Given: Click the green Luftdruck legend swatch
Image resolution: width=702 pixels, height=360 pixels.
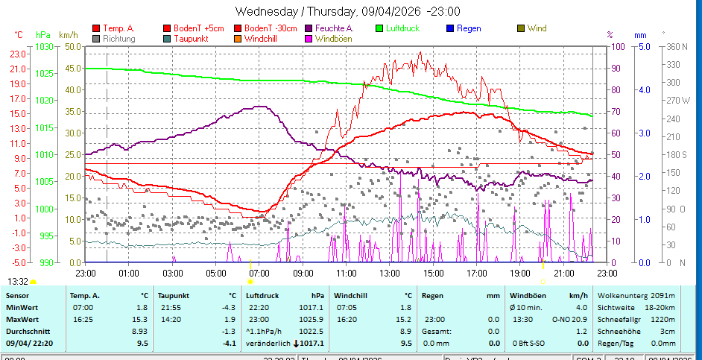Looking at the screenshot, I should tap(379, 28).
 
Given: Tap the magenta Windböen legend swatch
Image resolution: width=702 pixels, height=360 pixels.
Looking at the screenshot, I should tap(309, 39).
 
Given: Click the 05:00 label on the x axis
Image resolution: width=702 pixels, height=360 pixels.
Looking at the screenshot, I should tap(215, 274).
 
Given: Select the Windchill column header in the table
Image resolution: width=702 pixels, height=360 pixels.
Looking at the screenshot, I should tap(352, 295).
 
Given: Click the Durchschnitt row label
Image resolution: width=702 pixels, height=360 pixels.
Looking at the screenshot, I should tap(27, 331).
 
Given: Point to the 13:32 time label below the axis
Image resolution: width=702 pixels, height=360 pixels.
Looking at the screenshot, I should tap(19, 281).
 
